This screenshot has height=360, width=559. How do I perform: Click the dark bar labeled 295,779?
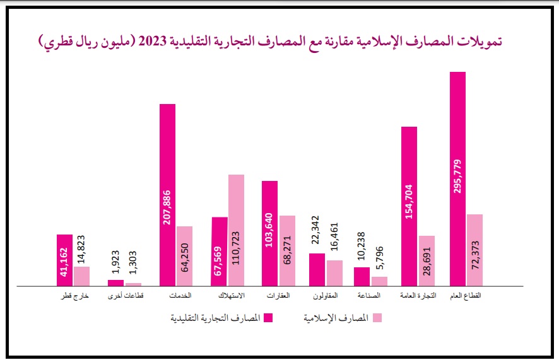(x=458, y=179)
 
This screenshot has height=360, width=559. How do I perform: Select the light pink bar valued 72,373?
(x=474, y=250)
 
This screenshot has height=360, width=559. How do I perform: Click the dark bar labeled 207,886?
(x=167, y=195)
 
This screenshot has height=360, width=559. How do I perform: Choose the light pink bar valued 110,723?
(x=236, y=230)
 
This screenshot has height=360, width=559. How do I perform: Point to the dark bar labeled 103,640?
(x=269, y=233)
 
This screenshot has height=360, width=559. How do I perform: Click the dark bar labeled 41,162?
(x=65, y=260)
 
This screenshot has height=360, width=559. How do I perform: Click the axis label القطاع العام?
(x=466, y=296)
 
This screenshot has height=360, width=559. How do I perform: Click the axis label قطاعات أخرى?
(x=124, y=296)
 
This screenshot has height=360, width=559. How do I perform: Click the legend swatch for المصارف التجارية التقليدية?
(x=268, y=318)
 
